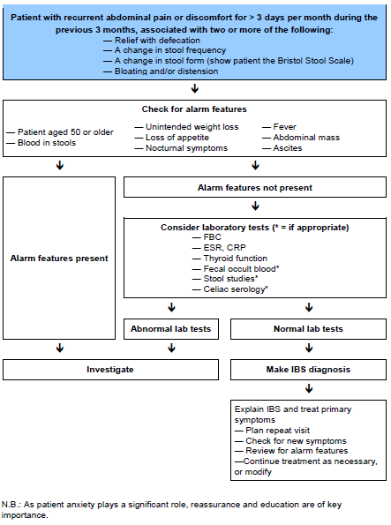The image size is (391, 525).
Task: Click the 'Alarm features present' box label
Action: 59,258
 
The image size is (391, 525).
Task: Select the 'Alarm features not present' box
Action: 255,187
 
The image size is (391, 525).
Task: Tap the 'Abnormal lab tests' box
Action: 171,328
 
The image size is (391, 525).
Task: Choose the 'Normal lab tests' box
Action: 309,328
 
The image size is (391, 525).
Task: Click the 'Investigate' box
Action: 110,369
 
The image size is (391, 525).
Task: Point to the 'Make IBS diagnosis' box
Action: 309,369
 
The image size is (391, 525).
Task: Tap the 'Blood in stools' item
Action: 48,142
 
